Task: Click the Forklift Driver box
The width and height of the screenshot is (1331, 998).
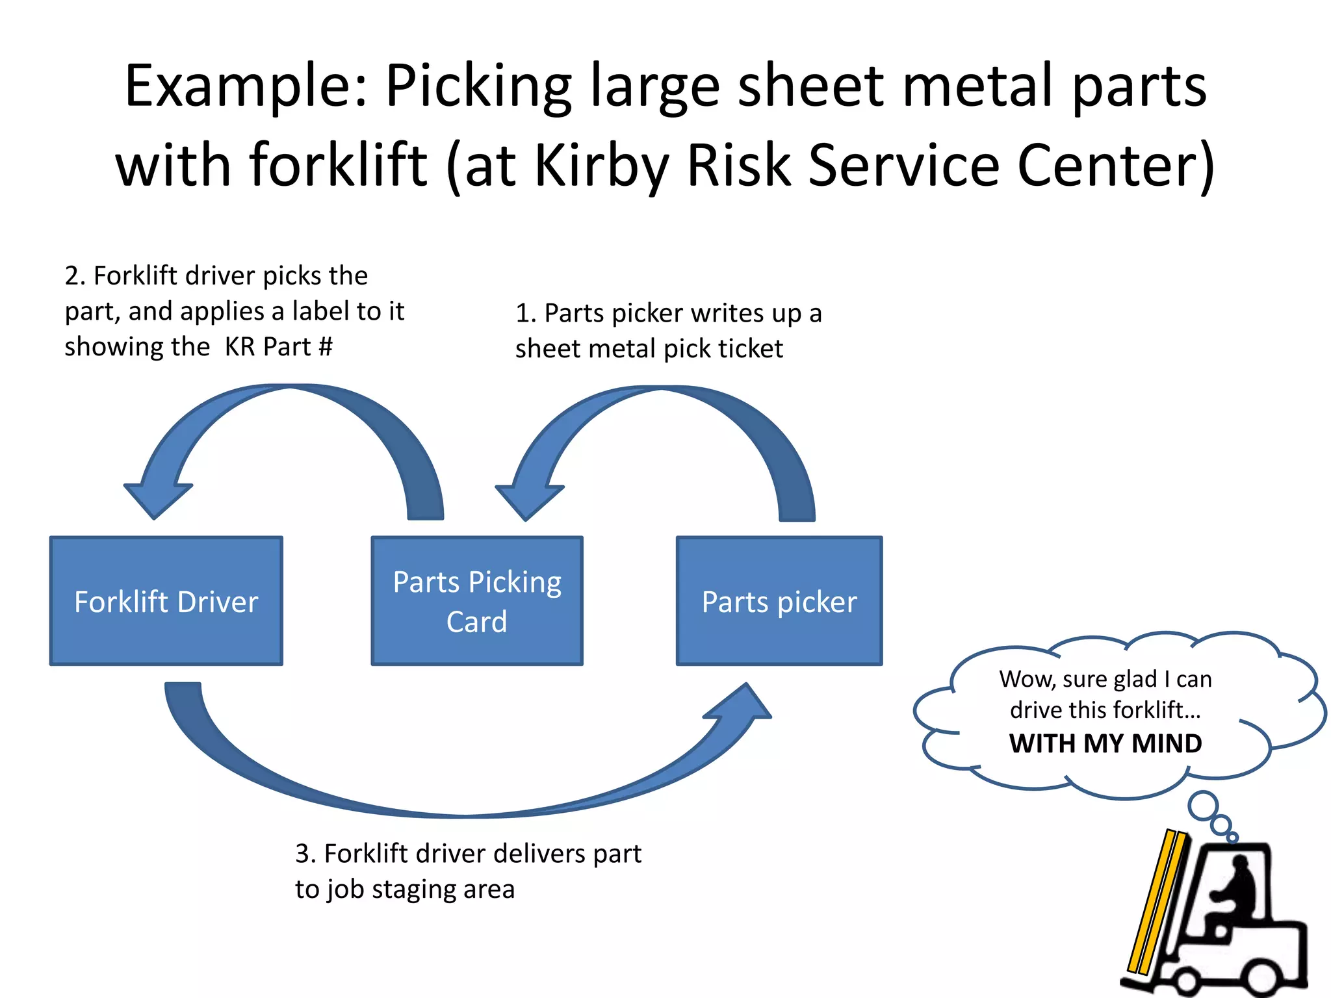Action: (166, 601)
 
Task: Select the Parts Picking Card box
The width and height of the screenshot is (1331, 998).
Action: (477, 601)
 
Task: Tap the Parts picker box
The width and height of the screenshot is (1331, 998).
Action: (779, 601)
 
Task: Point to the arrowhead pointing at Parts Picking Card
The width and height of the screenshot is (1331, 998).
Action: (528, 501)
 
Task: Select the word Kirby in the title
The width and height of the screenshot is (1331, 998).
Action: (602, 165)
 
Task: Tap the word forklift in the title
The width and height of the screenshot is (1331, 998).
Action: (339, 165)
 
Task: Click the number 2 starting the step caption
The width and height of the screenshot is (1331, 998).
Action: (73, 276)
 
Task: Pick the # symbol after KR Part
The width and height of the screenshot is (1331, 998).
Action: (326, 347)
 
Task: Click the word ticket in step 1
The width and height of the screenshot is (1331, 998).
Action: (756, 349)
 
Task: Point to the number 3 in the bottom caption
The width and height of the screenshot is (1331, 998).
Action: (303, 854)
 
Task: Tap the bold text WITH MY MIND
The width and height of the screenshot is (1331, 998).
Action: (1105, 743)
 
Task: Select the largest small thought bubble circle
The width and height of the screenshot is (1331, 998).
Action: (1204, 806)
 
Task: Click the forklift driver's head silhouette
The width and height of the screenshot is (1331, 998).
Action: (1240, 866)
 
